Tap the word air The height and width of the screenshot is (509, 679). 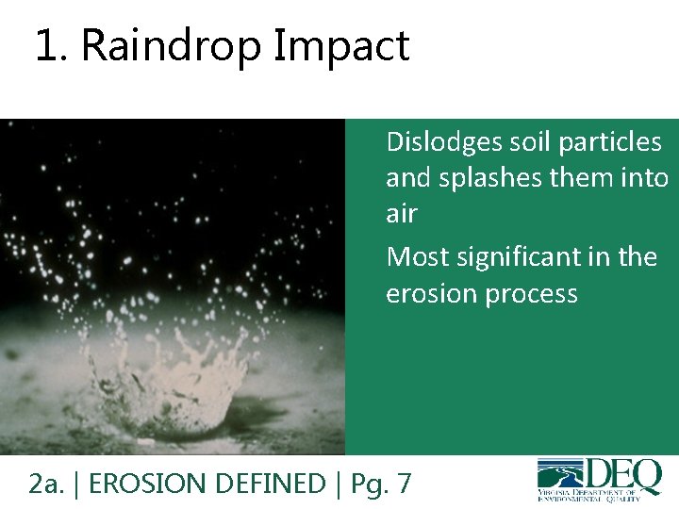click(x=401, y=214)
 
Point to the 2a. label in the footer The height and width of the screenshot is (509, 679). click(x=46, y=484)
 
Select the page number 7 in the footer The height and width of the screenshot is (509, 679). click(x=404, y=484)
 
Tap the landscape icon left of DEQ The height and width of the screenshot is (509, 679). click(x=560, y=472)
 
